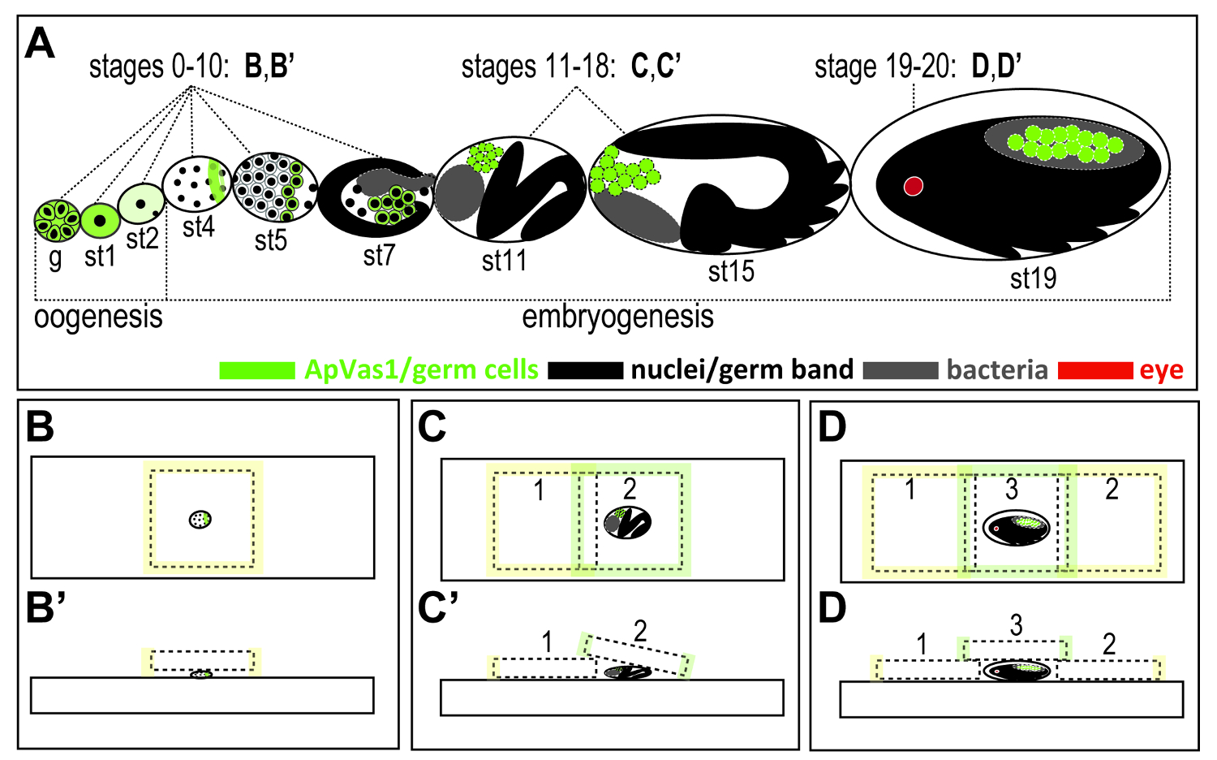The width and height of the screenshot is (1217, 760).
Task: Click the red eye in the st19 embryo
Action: [x=914, y=186]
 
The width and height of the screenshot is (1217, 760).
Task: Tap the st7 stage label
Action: [x=379, y=256]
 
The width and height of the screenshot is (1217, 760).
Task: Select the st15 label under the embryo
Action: [x=731, y=271]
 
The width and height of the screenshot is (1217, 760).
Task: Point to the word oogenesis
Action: [x=98, y=317]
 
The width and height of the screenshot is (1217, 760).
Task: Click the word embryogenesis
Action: [x=617, y=317]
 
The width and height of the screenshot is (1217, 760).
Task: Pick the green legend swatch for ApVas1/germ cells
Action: [x=256, y=370]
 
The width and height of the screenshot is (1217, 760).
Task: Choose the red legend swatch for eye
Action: [x=1094, y=370]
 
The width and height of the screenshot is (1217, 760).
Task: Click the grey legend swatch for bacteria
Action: [x=900, y=370]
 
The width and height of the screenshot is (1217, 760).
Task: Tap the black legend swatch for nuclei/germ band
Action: [x=585, y=370]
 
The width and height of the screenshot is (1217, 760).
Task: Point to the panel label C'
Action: [x=438, y=608]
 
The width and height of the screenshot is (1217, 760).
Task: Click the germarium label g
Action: [x=55, y=258]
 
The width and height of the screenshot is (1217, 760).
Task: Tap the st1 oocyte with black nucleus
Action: [x=100, y=219]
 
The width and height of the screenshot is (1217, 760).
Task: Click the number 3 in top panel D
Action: [x=1011, y=489]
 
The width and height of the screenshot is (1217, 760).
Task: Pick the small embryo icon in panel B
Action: [x=200, y=519]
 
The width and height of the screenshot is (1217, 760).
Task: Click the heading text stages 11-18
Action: [x=539, y=67]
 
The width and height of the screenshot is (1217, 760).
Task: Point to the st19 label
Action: [x=1033, y=279]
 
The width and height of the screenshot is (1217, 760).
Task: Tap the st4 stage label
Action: [x=198, y=227]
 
